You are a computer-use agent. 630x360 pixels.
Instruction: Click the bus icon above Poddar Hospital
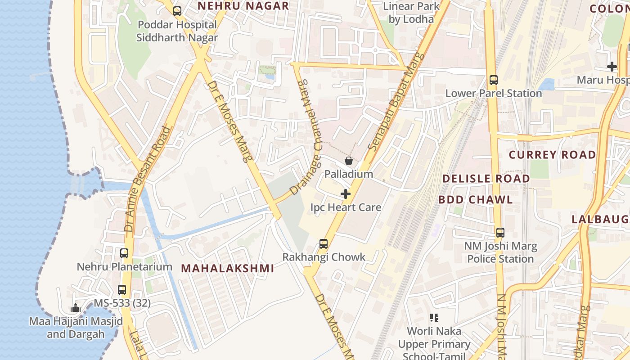177,11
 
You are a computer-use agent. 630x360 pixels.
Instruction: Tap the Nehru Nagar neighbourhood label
243,6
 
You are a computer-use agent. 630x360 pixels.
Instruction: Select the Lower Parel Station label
493,93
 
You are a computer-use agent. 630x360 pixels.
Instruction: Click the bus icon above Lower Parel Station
494,80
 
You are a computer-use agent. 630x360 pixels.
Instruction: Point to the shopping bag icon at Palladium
348,161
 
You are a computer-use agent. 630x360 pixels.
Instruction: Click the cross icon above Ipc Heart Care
346,194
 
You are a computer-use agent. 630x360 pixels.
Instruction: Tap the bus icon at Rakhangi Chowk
324,244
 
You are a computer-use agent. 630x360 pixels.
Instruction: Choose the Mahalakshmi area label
227,269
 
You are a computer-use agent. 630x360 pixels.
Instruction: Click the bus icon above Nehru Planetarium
124,253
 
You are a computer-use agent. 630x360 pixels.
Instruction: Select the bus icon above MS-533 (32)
122,290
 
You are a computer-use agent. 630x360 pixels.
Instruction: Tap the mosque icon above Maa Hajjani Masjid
76,308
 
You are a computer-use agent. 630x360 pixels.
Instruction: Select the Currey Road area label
552,155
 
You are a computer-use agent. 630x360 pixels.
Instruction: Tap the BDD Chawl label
475,200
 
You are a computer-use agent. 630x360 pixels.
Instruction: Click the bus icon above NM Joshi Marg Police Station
500,233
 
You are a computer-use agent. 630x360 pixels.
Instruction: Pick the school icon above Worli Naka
434,318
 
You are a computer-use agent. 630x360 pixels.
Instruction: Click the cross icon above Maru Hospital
612,67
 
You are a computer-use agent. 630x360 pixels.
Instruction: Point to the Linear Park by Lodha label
411,13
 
